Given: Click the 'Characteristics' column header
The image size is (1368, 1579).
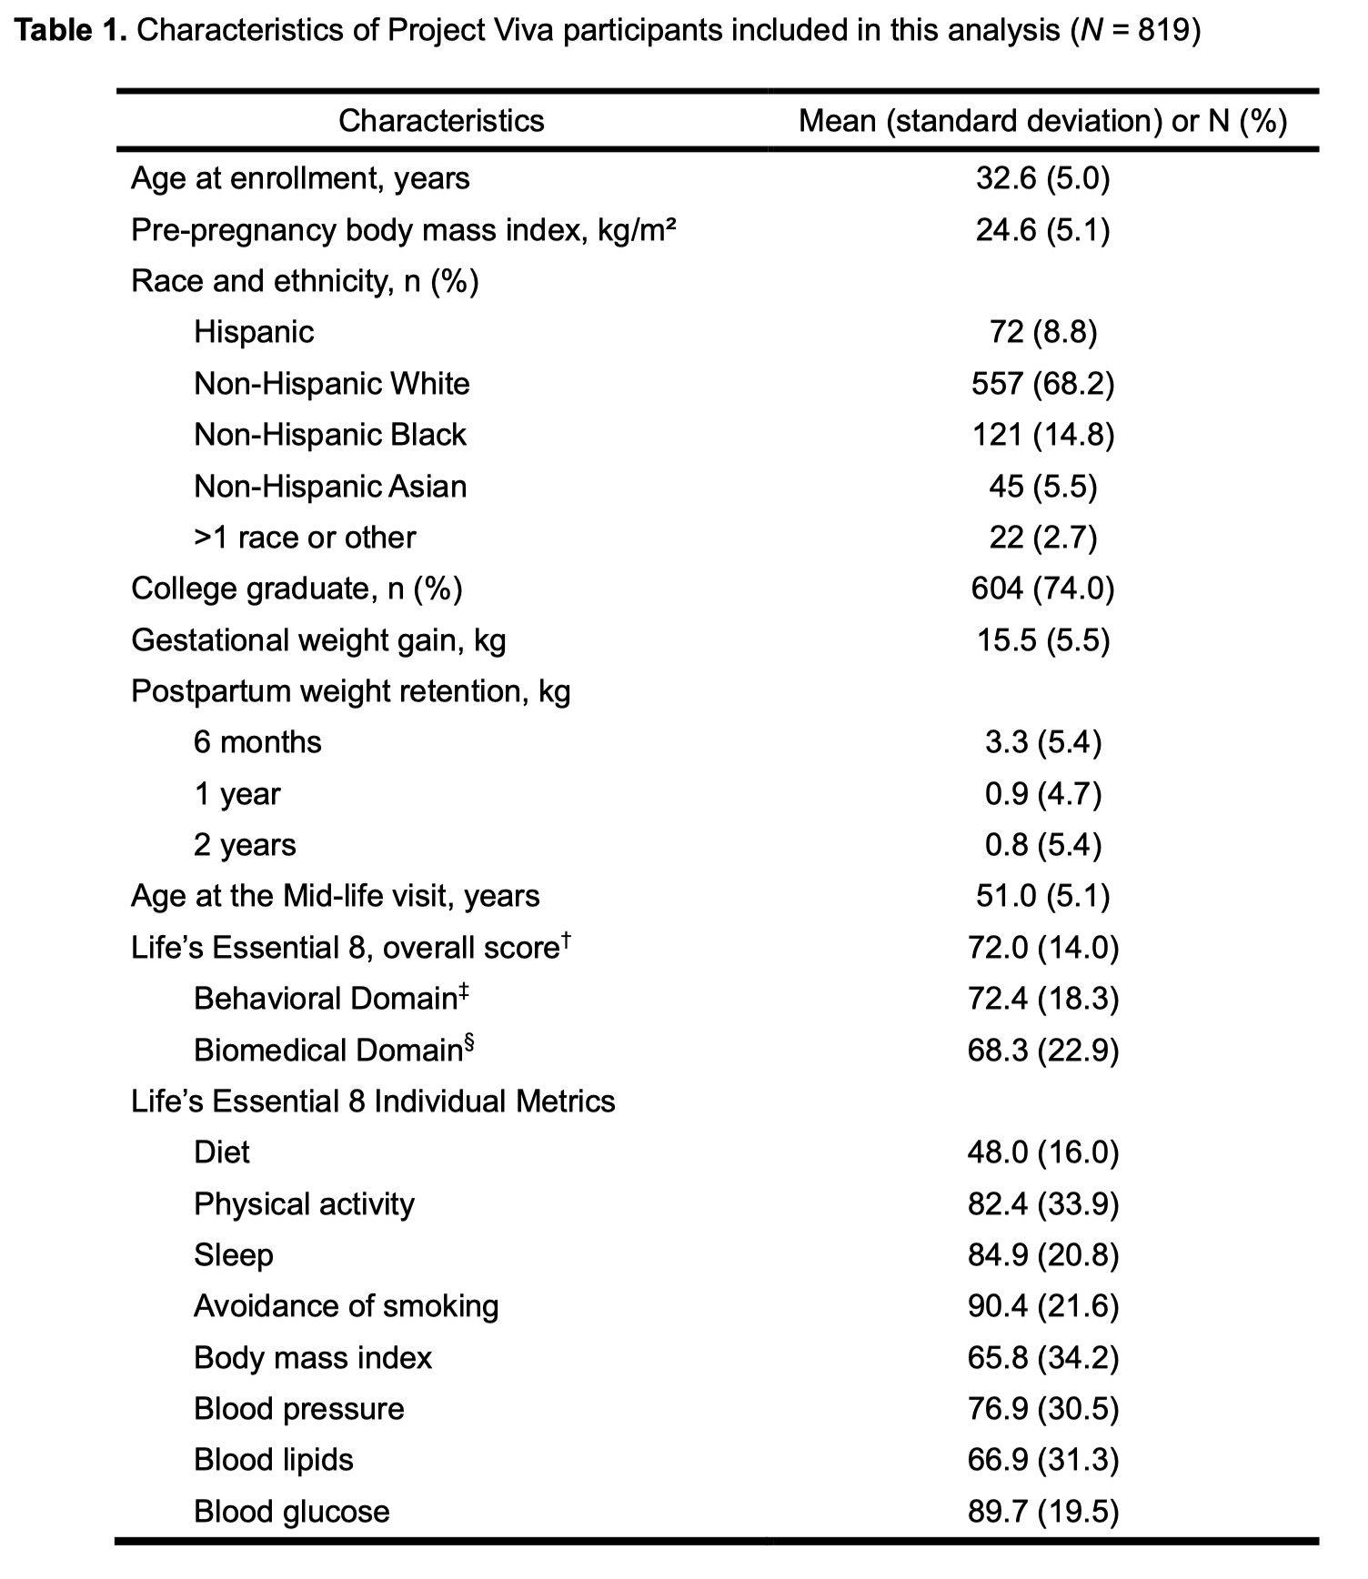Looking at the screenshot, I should point(441,121).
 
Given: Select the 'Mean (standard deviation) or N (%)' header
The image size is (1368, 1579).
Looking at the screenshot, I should point(1042,121).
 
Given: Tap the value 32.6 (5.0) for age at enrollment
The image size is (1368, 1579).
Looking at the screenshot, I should point(1042,178).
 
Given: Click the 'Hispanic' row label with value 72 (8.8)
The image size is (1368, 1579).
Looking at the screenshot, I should point(254,332).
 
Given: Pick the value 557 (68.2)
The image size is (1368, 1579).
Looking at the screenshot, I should point(1042,384).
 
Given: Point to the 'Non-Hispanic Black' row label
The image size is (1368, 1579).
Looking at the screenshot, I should point(329,435).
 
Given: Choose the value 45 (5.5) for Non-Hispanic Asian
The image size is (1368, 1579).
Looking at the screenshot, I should point(1042,487).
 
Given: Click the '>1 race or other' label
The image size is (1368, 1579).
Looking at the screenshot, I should point(304,538).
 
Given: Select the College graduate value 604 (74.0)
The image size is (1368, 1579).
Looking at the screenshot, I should point(1042,588).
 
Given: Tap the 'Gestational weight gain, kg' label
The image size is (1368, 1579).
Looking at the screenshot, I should point(318,640).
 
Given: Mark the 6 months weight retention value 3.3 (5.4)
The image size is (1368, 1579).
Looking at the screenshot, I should point(1042,742).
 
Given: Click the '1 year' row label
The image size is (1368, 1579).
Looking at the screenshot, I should point(236,794).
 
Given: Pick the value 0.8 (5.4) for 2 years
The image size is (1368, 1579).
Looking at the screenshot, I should point(1042,845).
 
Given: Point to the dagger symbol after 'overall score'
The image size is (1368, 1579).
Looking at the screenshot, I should point(566,939).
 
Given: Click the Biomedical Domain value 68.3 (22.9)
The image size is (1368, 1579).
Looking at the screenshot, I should point(1042,1051).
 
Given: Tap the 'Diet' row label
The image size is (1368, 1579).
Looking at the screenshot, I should point(221,1152).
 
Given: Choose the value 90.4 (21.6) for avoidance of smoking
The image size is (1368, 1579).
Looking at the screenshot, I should point(1042,1306).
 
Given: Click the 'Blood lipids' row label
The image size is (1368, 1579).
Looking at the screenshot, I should point(273,1460).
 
